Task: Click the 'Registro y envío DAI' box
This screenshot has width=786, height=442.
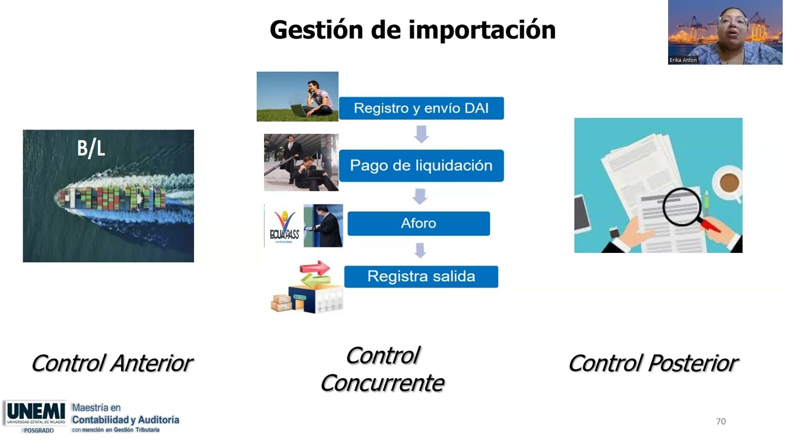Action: tap(421, 109)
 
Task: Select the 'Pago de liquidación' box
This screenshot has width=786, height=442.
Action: tap(421, 166)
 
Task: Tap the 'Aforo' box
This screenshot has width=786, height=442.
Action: tap(419, 223)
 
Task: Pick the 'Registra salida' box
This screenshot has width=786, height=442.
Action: tap(421, 277)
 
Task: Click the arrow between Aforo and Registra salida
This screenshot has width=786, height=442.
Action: tap(421, 250)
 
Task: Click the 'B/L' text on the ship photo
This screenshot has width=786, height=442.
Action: tap(91, 149)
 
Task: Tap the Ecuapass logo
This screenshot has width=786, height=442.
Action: tap(284, 227)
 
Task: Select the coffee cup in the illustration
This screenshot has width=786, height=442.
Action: tap(729, 183)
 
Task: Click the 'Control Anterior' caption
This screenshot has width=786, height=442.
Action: tap(112, 363)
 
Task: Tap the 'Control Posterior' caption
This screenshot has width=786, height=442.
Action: tap(653, 363)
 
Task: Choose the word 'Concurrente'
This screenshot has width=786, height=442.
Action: tap(382, 383)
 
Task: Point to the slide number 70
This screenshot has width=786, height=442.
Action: tap(721, 421)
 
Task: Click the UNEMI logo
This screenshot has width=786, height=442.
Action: tap(36, 413)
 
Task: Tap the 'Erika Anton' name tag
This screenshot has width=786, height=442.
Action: tap(683, 60)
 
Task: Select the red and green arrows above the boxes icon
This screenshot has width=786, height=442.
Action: tap(315, 272)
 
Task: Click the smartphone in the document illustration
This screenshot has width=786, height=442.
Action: tap(582, 212)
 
